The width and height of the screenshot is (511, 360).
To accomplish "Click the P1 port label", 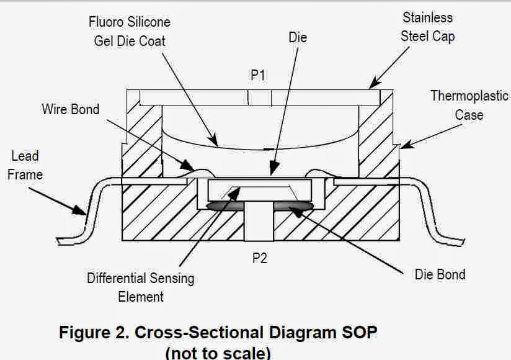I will [x=259, y=75].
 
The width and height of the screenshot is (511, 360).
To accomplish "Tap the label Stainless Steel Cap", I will [x=427, y=27].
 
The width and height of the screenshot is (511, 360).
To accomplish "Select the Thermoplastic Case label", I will [x=469, y=106].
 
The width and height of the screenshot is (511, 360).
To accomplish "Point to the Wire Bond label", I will [x=70, y=109].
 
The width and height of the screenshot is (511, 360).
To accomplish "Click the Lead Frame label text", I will [x=25, y=165].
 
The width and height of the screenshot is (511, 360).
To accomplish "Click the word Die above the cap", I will [x=298, y=37].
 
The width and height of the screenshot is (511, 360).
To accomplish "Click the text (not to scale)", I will [x=218, y=353].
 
